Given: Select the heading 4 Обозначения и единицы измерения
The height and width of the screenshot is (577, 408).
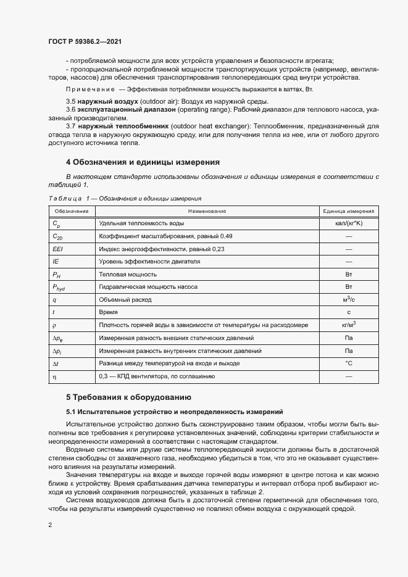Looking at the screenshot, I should pyautogui.click(x=143, y=163).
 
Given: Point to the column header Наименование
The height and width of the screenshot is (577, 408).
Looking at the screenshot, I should pyautogui.click(x=207, y=211).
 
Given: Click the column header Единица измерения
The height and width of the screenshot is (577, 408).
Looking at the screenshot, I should pyautogui.click(x=348, y=211).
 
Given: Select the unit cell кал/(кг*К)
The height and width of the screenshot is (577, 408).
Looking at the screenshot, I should pyautogui.click(x=348, y=223).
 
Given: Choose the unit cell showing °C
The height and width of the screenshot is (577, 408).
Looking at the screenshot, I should pyautogui.click(x=348, y=363).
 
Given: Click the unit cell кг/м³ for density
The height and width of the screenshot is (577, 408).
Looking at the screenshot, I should pyautogui.click(x=348, y=325).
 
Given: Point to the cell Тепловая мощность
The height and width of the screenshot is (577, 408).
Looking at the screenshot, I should pyautogui.click(x=128, y=274).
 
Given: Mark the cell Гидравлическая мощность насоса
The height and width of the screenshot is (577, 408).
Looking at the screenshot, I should pyautogui.click(x=146, y=287).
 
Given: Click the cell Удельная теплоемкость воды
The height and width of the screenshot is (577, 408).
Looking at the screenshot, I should pyautogui.click(x=141, y=223).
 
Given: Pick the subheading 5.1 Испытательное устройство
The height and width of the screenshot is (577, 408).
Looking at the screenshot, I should pyautogui.click(x=174, y=410).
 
